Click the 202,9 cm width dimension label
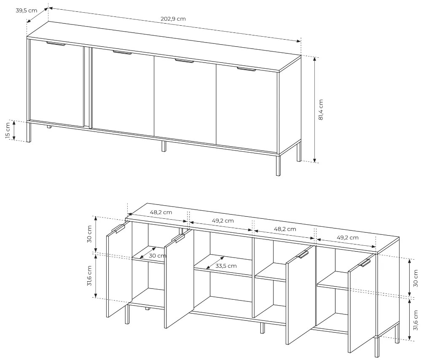click(173, 19)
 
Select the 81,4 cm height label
click(321, 110)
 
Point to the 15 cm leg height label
click(8, 131)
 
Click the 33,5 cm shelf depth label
click(226, 266)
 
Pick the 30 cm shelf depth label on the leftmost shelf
click(157, 255)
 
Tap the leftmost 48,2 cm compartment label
click(161, 212)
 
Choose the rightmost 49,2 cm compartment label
click(347, 237)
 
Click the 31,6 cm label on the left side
click(89, 276)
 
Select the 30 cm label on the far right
click(416, 278)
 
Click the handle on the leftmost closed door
click(56, 44)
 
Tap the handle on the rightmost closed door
click(247, 70)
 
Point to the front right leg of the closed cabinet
click(278, 166)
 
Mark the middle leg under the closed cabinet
click(164, 146)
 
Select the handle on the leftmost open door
click(118, 228)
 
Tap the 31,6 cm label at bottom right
click(416, 320)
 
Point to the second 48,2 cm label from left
click(285, 229)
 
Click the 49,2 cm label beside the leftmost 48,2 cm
click(223, 221)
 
